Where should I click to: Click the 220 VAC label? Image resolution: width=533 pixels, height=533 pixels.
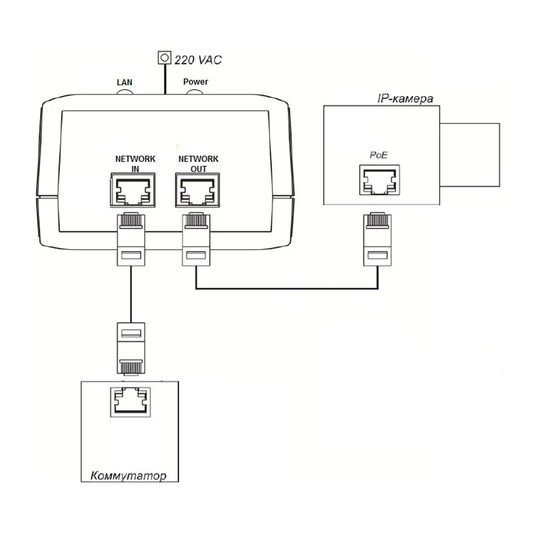[198, 60]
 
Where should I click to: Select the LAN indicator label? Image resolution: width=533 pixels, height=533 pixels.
[125, 82]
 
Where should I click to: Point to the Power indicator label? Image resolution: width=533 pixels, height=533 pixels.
[196, 82]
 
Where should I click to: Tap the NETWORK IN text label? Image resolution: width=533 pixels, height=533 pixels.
[135, 164]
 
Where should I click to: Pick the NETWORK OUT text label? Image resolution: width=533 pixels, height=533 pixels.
[198, 164]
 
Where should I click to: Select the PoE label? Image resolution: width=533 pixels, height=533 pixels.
[378, 155]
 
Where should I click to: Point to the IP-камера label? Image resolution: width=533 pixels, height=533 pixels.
[405, 99]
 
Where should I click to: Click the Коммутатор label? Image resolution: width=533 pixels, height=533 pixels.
[127, 476]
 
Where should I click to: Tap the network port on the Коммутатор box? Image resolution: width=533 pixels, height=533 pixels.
[131, 402]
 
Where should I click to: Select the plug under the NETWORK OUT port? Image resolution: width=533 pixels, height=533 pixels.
[197, 238]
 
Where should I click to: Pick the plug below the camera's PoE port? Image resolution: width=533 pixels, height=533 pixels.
[378, 238]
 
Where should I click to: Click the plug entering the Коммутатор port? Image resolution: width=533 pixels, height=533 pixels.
[130, 348]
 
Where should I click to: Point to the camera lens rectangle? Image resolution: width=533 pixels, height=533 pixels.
[469, 151]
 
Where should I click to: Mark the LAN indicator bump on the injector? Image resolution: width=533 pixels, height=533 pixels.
[125, 91]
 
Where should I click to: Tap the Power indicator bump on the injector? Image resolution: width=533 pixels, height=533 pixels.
[195, 91]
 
